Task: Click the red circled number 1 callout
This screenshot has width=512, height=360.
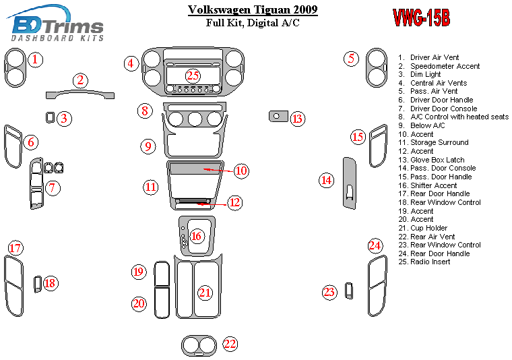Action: (36, 59)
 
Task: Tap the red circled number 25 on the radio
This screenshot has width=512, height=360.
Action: (193, 76)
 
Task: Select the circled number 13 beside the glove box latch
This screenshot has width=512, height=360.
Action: (298, 119)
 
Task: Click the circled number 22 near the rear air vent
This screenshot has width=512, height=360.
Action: (230, 344)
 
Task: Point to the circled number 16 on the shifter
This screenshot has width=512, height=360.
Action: (197, 236)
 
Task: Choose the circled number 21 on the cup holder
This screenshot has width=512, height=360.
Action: (204, 293)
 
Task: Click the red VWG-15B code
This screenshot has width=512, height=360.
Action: (421, 19)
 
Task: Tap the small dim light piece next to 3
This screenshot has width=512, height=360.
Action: (51, 118)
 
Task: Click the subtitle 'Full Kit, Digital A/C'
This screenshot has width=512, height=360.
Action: (253, 23)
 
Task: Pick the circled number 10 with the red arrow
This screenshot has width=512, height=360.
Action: (241, 171)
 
